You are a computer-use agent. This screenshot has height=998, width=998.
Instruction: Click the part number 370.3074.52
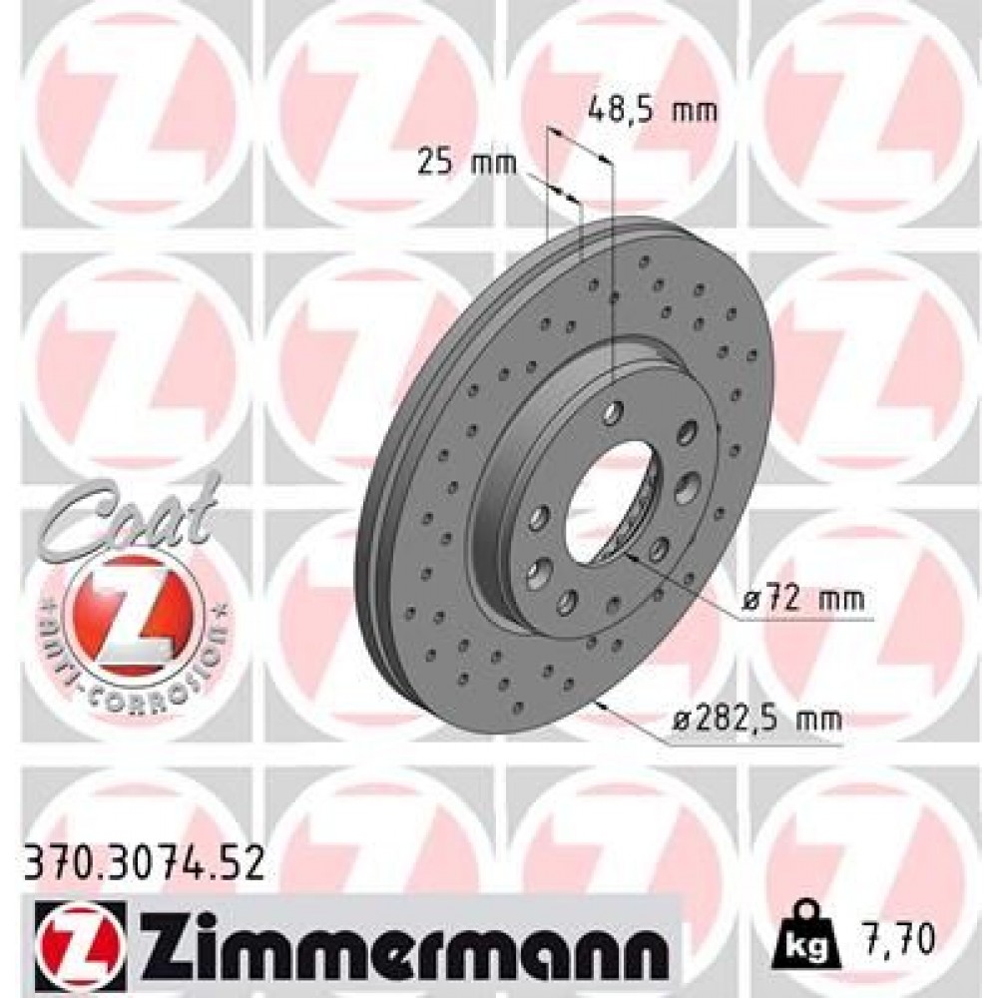(143, 861)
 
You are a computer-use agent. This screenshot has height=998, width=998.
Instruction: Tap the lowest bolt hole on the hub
(567, 599)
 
